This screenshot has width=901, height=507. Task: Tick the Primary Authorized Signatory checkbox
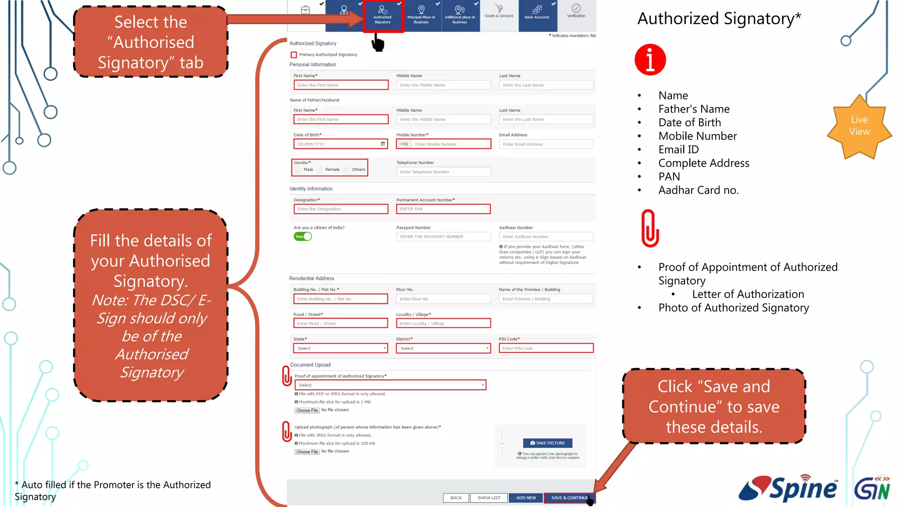294,55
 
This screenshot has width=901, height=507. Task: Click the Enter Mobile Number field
451,144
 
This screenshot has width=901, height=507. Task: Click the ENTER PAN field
443,209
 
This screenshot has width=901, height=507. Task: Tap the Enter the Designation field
341,209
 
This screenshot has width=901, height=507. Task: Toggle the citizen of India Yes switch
303,237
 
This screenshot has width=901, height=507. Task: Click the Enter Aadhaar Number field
546,237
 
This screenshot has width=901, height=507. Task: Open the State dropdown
341,349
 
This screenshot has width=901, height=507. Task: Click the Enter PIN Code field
546,349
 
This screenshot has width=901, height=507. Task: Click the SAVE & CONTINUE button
569,498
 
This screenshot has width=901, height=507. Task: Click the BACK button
456,498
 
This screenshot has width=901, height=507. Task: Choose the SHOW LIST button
489,498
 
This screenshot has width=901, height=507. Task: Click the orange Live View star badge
859,126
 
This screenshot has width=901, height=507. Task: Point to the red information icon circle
650,60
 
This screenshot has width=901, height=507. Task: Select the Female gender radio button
320,170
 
